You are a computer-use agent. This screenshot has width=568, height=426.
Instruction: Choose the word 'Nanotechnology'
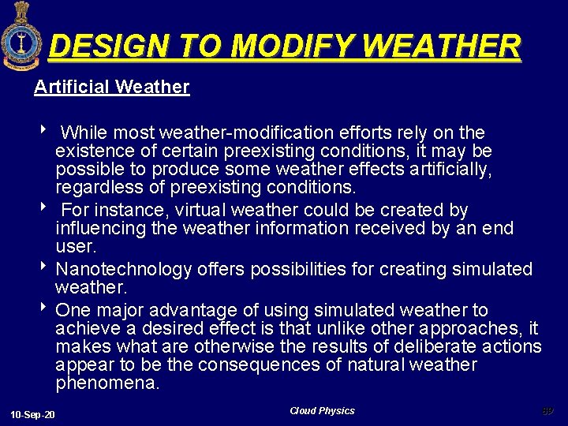[x=124, y=269]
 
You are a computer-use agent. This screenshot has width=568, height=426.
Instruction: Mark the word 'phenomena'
[x=107, y=383]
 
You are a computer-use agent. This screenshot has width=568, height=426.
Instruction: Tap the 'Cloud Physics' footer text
[x=322, y=411]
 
